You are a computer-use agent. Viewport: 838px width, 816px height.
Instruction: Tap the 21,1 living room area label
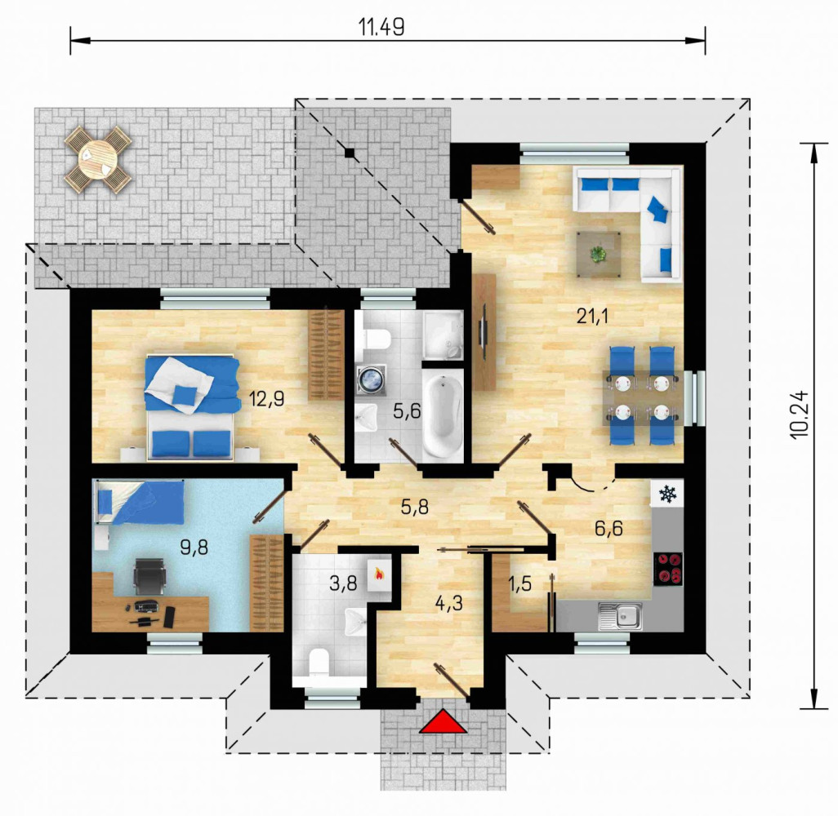592,317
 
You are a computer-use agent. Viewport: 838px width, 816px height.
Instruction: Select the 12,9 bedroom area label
267,398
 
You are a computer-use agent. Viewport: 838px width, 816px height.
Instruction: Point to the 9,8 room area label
194,547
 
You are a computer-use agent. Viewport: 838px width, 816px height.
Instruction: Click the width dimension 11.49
381,27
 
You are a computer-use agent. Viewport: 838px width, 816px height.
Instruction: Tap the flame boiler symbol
378,574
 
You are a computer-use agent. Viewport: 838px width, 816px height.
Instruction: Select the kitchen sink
620,617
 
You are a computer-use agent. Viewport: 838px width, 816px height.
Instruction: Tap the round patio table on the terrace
98,158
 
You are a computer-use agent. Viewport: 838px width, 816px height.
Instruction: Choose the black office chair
149,575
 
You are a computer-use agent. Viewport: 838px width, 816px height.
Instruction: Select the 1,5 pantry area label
519,583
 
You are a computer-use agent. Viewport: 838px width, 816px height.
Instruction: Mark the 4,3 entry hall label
449,604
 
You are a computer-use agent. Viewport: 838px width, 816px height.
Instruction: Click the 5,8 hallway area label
415,506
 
